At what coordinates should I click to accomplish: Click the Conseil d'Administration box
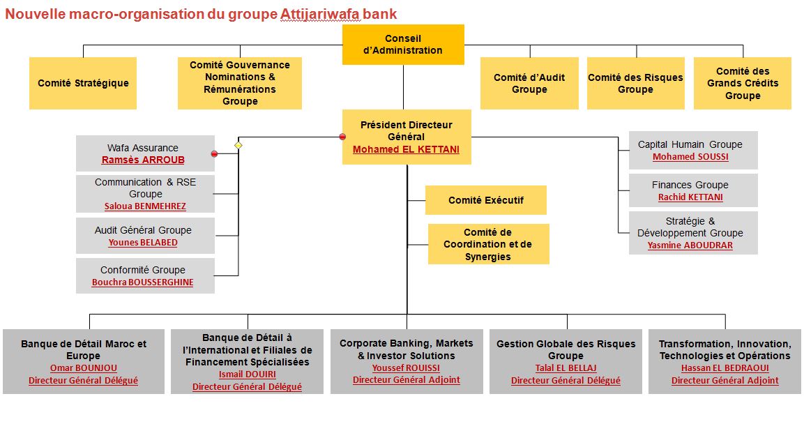pos(403,45)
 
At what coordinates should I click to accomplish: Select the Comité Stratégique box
pos(83,83)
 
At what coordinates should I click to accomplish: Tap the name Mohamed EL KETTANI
pos(406,150)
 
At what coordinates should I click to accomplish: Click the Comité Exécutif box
pos(485,200)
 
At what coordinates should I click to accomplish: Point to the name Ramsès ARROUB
pos(143,160)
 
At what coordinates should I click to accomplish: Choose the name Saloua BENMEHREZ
pos(145,206)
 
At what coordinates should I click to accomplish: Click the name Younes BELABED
pos(143,243)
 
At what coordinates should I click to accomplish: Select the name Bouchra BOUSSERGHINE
pos(142,282)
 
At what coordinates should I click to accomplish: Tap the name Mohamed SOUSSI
pos(690,157)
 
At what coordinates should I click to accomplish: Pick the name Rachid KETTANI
pos(690,197)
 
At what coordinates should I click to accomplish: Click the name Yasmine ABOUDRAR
pos(690,245)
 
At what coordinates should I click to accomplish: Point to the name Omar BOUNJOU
pos(84,368)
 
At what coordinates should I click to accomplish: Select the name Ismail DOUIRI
pos(247,374)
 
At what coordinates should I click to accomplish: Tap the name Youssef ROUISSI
pos(406,368)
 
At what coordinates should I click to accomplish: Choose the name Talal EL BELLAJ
pos(566,368)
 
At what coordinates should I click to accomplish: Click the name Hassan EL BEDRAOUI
pos(725,368)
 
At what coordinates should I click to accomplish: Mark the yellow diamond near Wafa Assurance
pos(238,146)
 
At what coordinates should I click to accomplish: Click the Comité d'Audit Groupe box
pos(529,83)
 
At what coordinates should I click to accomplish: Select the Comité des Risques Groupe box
pos(635,83)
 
